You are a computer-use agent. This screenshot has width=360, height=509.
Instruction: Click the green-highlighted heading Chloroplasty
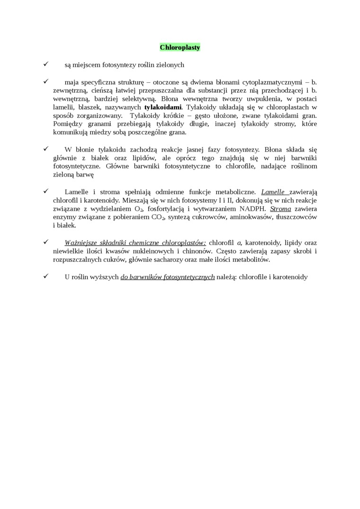pyautogui.click(x=180, y=47)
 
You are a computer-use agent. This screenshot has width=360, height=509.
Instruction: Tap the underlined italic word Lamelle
pyautogui.click(x=274, y=192)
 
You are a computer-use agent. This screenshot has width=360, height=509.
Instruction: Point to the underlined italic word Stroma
pyautogui.click(x=280, y=208)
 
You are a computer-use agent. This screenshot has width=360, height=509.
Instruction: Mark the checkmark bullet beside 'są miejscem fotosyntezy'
pyautogui.click(x=45, y=64)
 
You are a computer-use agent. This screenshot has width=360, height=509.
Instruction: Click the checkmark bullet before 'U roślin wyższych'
pyautogui.click(x=45, y=277)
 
